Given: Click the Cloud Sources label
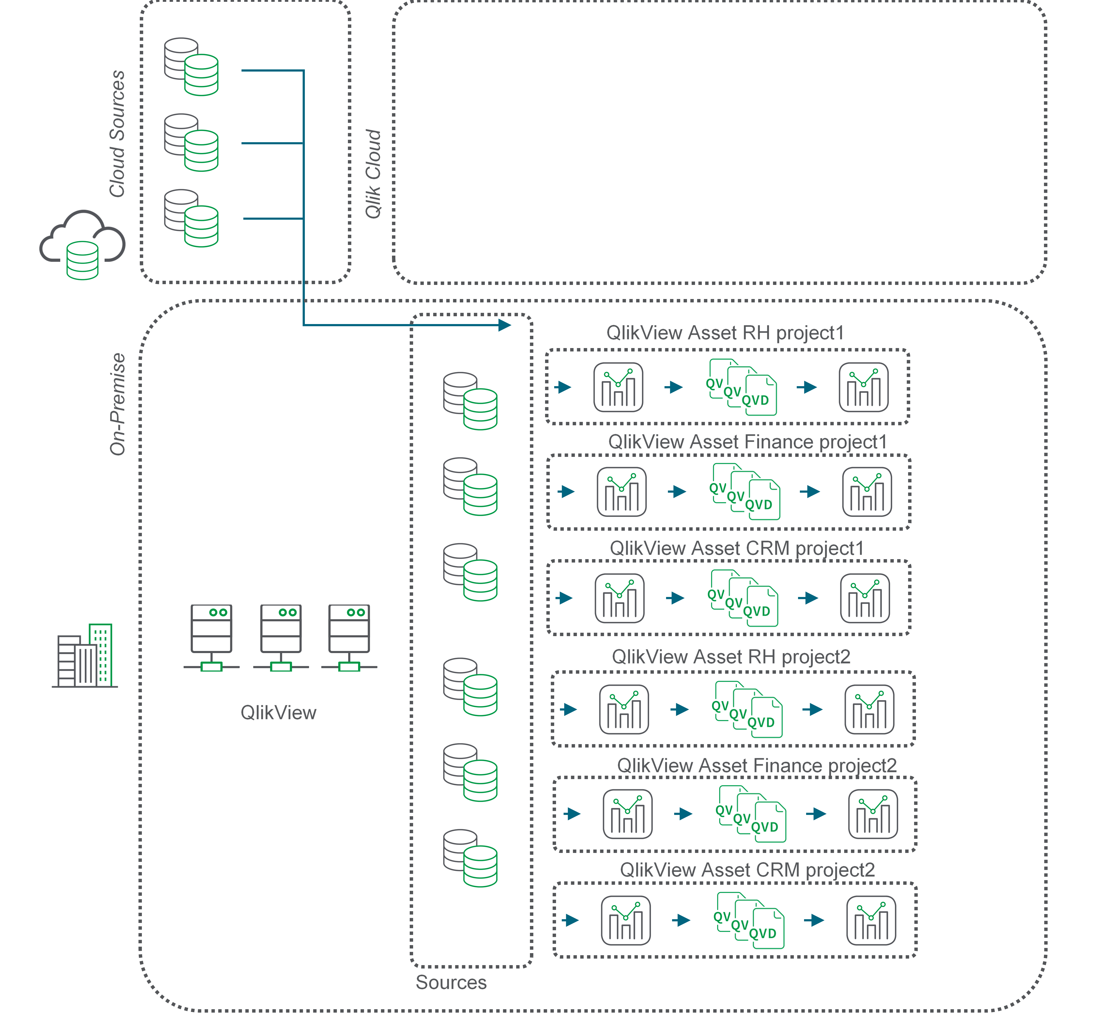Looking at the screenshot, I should pos(117,134).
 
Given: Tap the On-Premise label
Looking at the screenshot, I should pos(117,404).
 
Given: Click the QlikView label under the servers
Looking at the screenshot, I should pos(279,713).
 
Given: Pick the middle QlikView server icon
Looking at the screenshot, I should pos(281,638).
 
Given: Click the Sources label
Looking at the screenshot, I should pos(451,982).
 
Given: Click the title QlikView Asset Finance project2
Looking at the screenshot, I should pos(757,765).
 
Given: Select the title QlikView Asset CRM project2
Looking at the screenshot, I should pos(747,870).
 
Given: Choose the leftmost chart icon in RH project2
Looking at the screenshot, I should pos(624,709).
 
